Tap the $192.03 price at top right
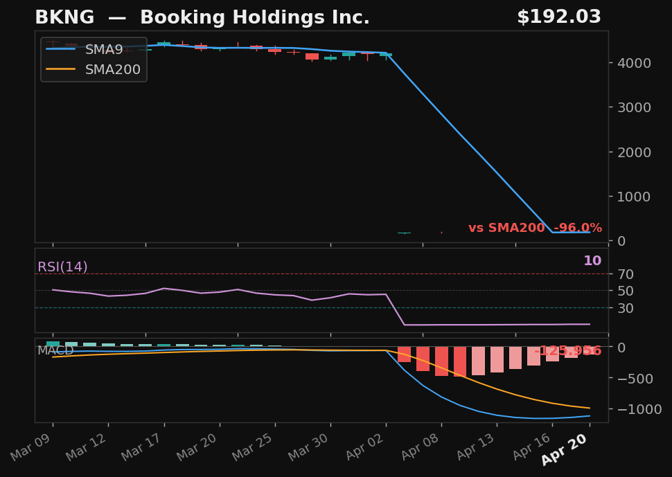pos(558,18)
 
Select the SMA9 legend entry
pos(104,50)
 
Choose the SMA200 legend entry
pos(112,70)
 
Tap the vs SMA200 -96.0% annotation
pos(535,228)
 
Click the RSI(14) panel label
pos(62,267)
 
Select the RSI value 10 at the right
pos(592,261)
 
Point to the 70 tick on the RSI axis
pos(626,274)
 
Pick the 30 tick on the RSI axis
pos(626,308)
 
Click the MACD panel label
pos(55,351)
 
